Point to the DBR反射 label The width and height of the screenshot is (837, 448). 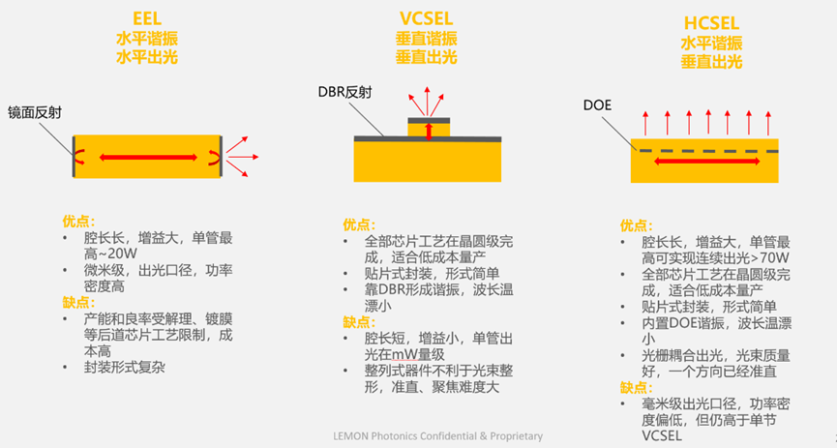tap(344, 93)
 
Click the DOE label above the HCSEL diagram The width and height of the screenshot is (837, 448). tap(597, 105)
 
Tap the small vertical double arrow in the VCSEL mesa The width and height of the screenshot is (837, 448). tap(429, 133)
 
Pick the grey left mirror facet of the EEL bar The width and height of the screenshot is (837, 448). tap(74, 155)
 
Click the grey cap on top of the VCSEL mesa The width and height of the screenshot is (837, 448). tap(429, 121)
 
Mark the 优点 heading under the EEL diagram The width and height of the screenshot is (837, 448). tap(77, 221)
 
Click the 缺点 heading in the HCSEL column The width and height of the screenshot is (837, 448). tap(635, 387)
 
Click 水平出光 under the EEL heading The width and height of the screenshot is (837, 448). tap(147, 57)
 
